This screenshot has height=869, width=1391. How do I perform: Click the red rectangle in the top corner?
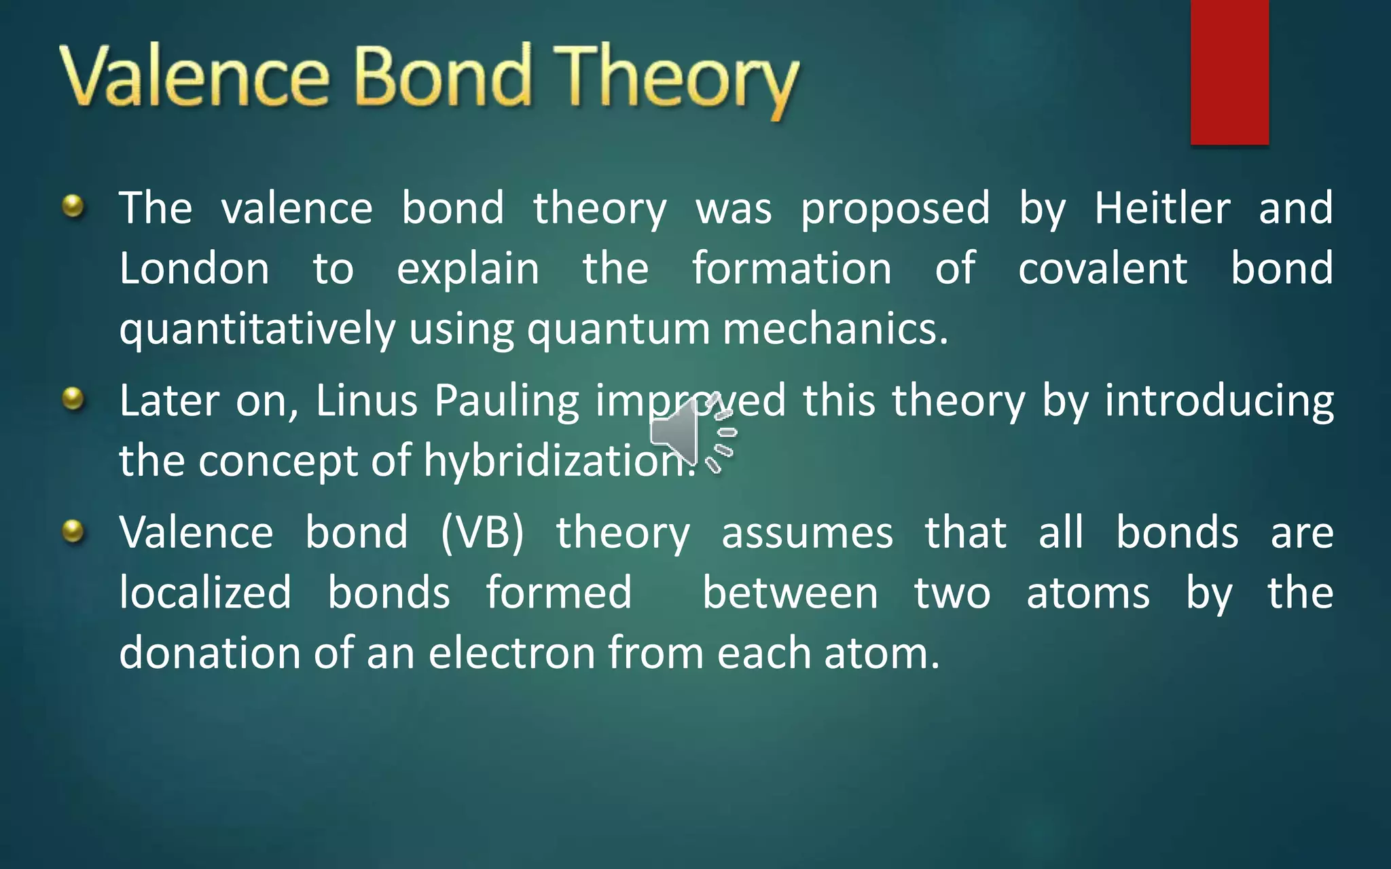coord(1229,71)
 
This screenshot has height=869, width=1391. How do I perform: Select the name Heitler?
coord(1161,208)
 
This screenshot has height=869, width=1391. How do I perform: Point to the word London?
coord(194,268)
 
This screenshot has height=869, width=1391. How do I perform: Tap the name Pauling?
coord(506,401)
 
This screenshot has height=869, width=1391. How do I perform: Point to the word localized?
coord(205,592)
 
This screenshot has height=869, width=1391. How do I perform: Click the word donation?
coord(209,653)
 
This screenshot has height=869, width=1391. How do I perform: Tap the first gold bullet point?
coord(73,206)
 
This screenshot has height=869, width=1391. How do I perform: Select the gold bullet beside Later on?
coord(73,399)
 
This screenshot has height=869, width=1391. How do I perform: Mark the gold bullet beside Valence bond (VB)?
coord(73,531)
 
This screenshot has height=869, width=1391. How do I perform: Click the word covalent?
coord(1102,268)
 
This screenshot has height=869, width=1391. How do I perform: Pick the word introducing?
coord(1218,401)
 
